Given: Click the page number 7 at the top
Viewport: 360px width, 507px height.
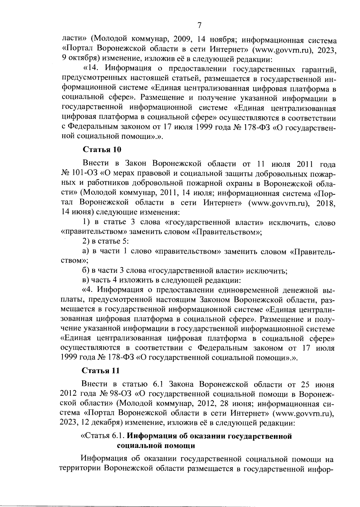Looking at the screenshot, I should coord(199,25).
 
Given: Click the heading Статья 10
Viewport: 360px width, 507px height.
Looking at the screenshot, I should coord(101,149).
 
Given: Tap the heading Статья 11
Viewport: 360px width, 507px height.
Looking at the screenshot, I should coord(101,371).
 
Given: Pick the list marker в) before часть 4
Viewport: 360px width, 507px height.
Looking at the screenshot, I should coord(86,281).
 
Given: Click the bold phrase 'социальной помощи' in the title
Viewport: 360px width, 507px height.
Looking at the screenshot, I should coord(156,446).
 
